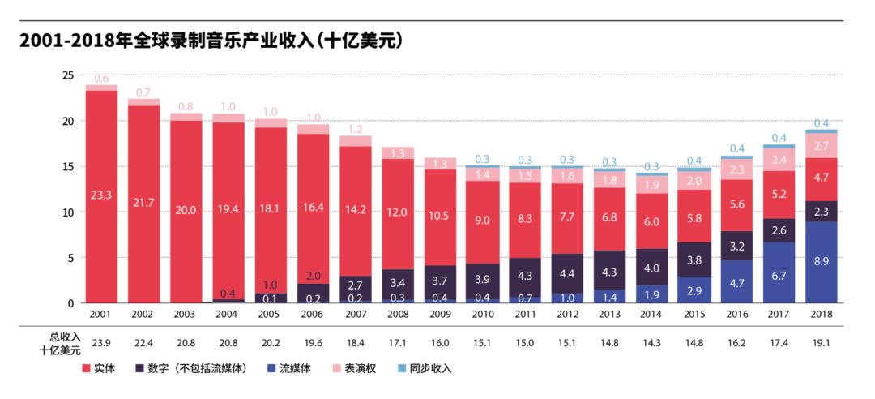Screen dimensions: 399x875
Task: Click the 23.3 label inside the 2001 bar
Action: (x=101, y=195)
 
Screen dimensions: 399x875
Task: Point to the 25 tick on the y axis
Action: (x=68, y=75)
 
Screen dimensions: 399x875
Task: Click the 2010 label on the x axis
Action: (x=482, y=314)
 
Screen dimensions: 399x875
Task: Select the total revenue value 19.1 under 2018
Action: (x=821, y=344)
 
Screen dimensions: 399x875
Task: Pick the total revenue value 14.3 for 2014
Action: (x=651, y=344)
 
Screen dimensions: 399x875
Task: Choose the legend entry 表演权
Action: (x=363, y=368)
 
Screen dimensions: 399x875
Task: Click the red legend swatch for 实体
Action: (x=87, y=368)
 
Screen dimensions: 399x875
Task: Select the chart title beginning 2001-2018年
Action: (x=211, y=41)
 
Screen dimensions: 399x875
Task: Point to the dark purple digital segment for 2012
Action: (x=567, y=273)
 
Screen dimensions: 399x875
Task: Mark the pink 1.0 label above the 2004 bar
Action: (x=228, y=106)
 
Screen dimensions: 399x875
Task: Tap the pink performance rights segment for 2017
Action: (x=779, y=159)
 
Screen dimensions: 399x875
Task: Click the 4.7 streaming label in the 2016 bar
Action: (x=736, y=284)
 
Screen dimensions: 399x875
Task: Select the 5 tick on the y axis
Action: (x=71, y=258)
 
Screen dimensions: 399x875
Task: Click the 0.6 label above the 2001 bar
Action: (x=101, y=79)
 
